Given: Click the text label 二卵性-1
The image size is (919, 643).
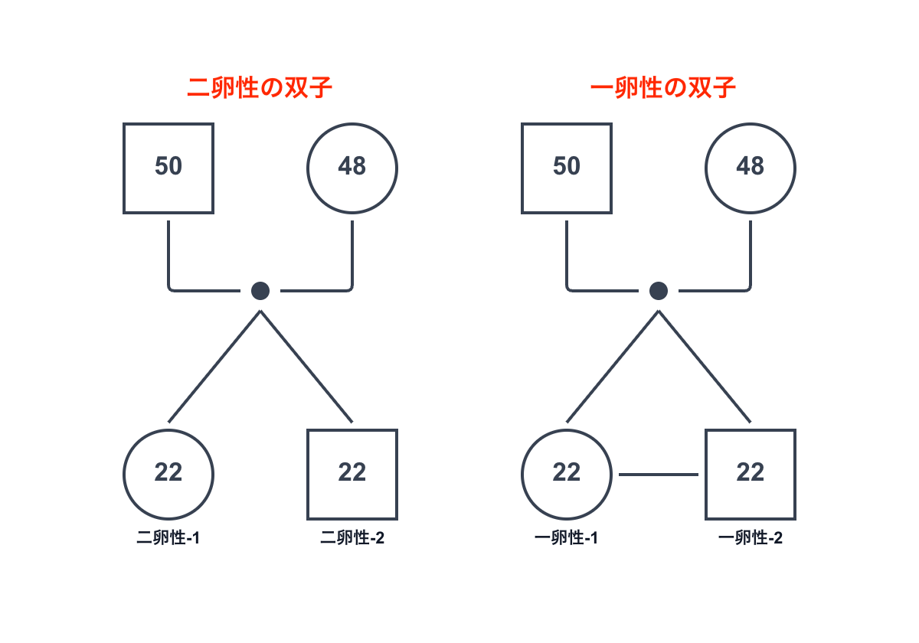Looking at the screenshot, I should point(168,538).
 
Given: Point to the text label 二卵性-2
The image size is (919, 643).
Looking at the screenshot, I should point(352,538).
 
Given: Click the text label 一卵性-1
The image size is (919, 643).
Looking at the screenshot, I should point(566,538).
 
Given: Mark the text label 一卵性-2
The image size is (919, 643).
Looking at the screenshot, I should point(751,538).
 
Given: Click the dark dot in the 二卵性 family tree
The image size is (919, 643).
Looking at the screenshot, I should point(260,291).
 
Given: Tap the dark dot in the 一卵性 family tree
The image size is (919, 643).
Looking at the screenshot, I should point(659,291).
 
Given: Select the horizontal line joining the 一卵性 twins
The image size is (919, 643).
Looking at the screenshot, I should point(659,475).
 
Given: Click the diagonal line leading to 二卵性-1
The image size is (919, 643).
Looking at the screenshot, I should point(214,366).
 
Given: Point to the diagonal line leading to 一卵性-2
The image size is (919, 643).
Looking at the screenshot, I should point(705,366).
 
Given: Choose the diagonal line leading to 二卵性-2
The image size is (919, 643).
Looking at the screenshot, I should point(306,366).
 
